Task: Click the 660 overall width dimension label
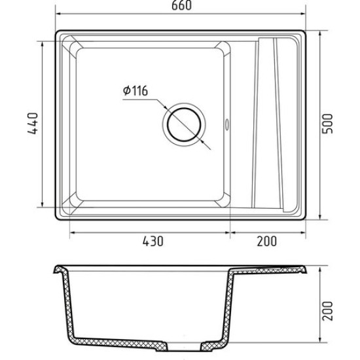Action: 181,5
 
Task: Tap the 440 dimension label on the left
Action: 33,123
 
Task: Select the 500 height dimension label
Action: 327,124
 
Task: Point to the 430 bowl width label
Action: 153,242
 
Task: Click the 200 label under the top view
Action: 267,242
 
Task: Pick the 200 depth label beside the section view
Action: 327,311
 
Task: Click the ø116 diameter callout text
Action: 135,91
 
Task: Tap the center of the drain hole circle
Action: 184,124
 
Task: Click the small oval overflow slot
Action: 227,124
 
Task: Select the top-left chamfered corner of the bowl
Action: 73,47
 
